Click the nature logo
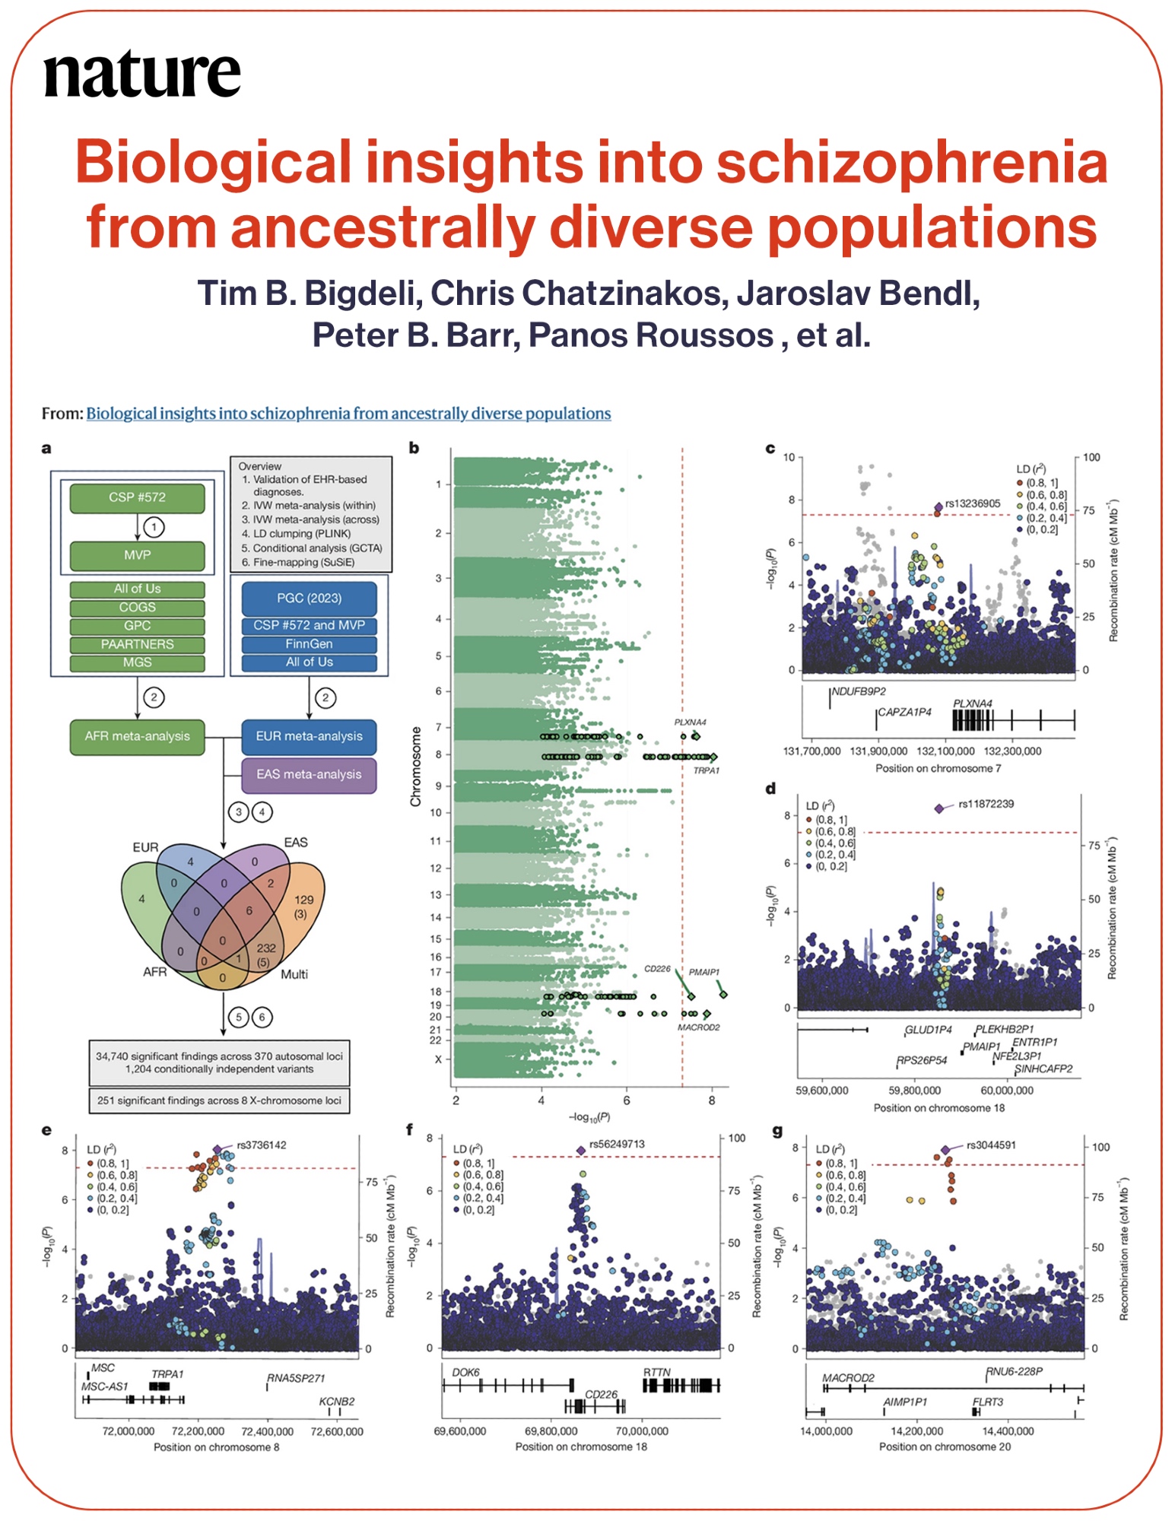coord(142,75)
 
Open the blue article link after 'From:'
coord(348,413)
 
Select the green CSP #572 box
coord(137,497)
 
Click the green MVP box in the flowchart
coord(137,555)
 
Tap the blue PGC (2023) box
coord(309,598)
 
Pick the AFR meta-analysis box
coord(137,736)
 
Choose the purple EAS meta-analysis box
coord(309,774)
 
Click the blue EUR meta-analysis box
coord(309,736)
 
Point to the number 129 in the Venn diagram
coord(304,900)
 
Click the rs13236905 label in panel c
coord(973,503)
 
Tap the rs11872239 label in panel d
coord(986,804)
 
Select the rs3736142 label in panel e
coord(262,1145)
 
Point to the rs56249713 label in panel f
coord(617,1144)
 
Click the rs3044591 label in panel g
coord(991,1145)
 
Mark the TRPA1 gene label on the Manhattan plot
coord(706,770)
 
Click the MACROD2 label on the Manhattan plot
coord(698,1027)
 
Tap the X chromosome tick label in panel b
coord(437,1059)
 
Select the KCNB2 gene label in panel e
coord(337,1402)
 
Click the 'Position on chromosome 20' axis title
coord(945,1446)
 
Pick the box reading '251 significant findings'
coord(219,1100)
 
